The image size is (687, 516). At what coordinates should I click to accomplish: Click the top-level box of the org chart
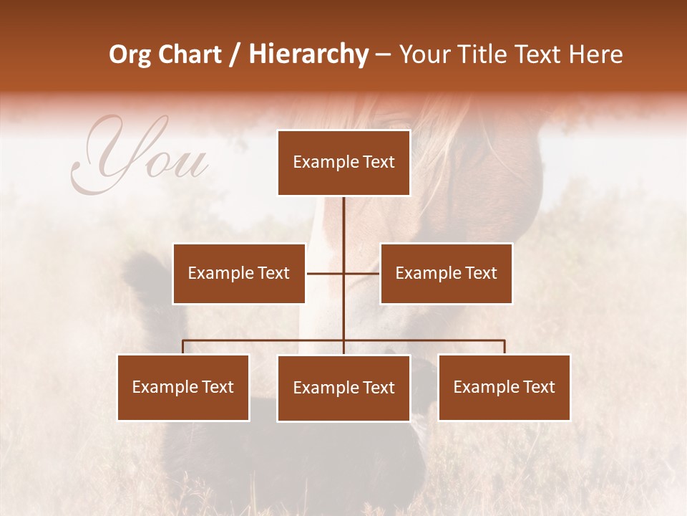(343, 163)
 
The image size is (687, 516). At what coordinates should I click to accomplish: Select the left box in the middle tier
(238, 273)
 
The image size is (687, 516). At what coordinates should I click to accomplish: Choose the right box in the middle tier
(446, 273)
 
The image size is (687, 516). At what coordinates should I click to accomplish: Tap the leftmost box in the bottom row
(183, 387)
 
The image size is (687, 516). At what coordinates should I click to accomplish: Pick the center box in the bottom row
(343, 388)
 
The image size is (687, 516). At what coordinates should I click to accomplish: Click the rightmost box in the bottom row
(504, 387)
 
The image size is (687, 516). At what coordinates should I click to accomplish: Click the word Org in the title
(130, 54)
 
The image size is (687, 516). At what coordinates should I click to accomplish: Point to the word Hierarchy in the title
(308, 54)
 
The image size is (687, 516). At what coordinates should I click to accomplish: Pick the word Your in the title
(425, 54)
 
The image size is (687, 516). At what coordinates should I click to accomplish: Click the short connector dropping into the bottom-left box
(183, 347)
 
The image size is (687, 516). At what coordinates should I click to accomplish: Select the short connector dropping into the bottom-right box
(505, 347)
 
